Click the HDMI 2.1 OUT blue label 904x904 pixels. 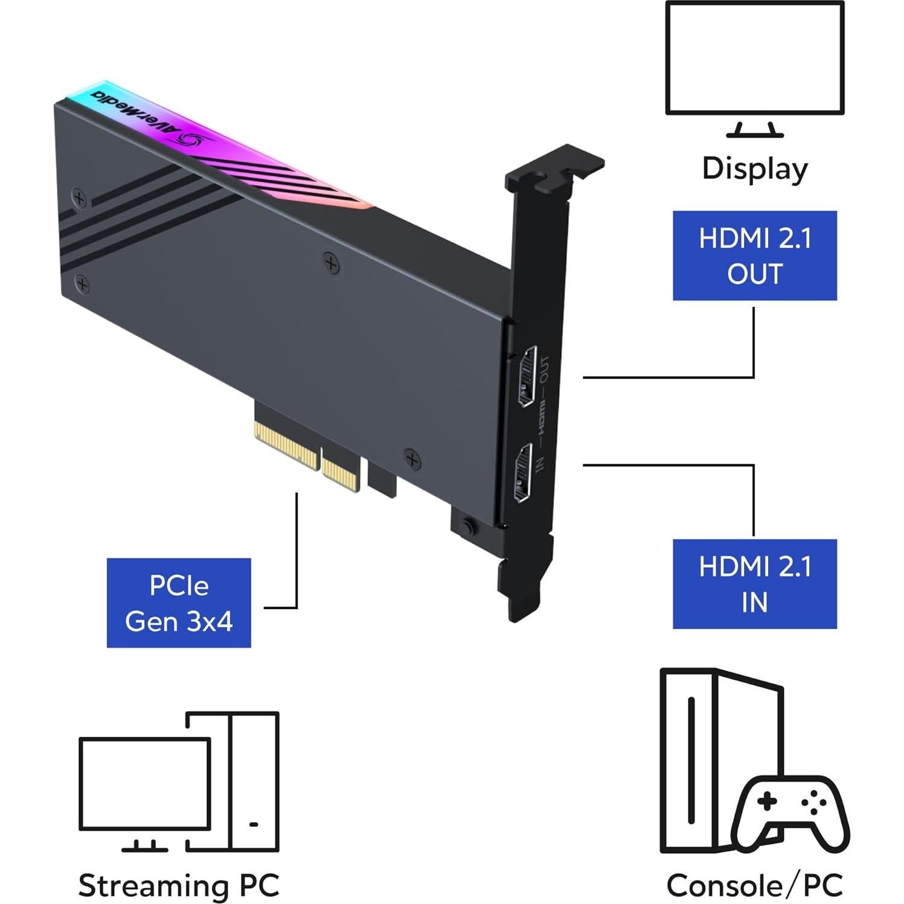[x=754, y=255]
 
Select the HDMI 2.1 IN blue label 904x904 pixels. [x=754, y=584]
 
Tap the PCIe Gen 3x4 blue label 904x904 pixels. [x=179, y=603]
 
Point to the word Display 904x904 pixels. [x=754, y=168]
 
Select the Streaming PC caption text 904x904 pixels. [x=179, y=885]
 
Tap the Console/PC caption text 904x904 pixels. [x=754, y=885]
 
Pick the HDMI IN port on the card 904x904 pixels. [x=522, y=472]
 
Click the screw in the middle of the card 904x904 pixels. [x=330, y=263]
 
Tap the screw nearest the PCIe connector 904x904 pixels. [x=412, y=460]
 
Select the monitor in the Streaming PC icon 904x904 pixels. [x=145, y=784]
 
